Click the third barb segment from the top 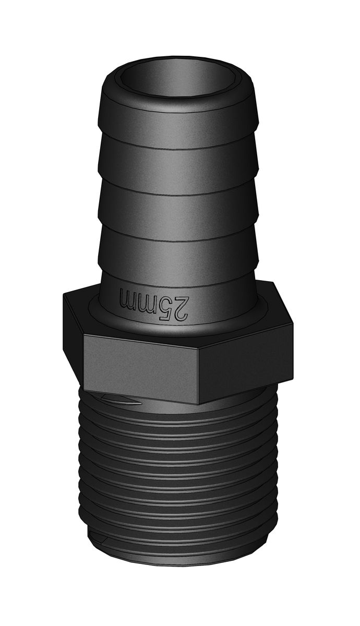point(178,214)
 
